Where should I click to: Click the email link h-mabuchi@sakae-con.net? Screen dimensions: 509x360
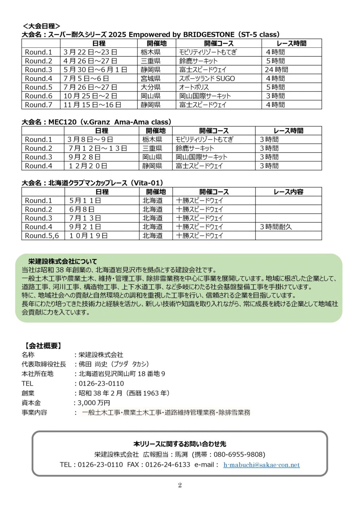[x=262, y=465]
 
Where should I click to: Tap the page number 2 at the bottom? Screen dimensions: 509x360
[x=180, y=485]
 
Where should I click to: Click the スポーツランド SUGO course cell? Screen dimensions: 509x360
[x=207, y=78]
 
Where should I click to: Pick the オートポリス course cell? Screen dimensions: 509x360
[x=194, y=87]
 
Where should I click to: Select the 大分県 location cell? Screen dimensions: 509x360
[x=150, y=87]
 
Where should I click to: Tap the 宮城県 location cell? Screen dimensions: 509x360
[x=150, y=78]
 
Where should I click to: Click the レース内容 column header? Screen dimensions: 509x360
[x=288, y=192]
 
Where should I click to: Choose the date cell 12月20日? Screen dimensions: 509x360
[x=88, y=166]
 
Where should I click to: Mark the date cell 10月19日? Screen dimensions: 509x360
[x=89, y=236]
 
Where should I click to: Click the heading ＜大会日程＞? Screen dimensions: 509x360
[x=41, y=26]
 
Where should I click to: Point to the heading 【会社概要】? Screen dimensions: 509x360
[x=43, y=346]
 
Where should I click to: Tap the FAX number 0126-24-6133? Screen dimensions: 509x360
[x=168, y=465]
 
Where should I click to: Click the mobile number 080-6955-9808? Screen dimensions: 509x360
[x=239, y=454]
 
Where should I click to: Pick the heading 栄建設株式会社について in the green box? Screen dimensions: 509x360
[x=62, y=261]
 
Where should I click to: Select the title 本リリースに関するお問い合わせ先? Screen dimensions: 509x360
[x=180, y=444]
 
